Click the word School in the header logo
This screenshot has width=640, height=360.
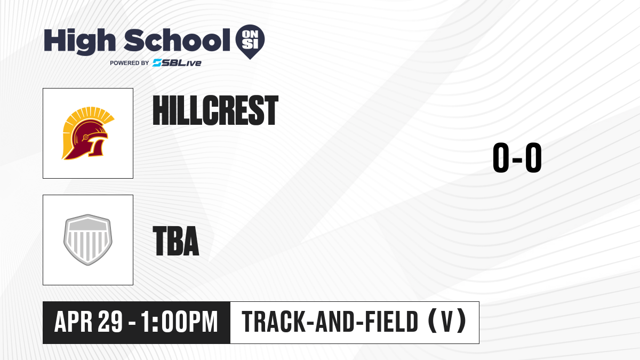(177, 40)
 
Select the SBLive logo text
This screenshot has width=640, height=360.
(177, 63)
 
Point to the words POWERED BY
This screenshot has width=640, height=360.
(130, 63)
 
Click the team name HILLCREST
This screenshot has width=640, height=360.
(215, 110)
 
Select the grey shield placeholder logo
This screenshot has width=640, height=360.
(88, 240)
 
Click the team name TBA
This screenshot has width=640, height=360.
(176, 241)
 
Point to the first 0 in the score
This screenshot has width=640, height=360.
(501, 157)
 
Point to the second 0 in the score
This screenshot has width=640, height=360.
(533, 157)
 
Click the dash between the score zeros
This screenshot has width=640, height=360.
(517, 159)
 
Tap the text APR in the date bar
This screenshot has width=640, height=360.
(74, 322)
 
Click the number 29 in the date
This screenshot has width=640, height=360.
(110, 322)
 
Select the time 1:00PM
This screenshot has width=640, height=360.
(180, 322)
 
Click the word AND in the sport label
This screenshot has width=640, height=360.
(335, 322)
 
